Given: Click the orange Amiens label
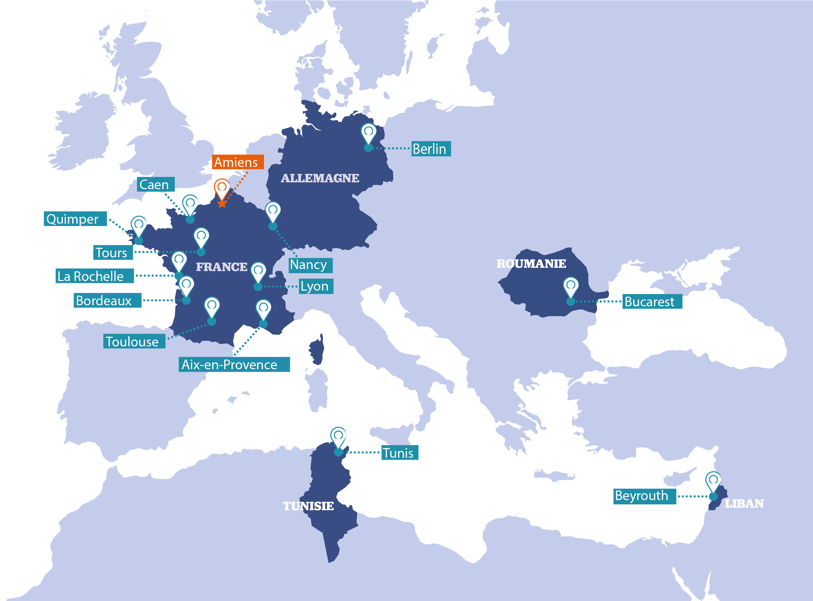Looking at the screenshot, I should (x=238, y=162).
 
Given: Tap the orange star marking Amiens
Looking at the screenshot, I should (x=222, y=204).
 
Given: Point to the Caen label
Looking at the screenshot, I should (x=156, y=184).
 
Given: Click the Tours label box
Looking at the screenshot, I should (x=113, y=253).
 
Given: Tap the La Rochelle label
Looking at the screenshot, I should (x=95, y=276).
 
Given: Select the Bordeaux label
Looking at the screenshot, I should (x=107, y=300).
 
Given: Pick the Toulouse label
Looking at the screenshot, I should (x=134, y=341).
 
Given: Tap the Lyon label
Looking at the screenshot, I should (x=316, y=286).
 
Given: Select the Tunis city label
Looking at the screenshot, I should (x=399, y=453).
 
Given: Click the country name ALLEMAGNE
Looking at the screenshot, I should (x=320, y=178).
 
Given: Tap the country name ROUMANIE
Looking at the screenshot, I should (x=531, y=263).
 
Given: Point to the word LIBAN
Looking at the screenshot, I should (x=744, y=504).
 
